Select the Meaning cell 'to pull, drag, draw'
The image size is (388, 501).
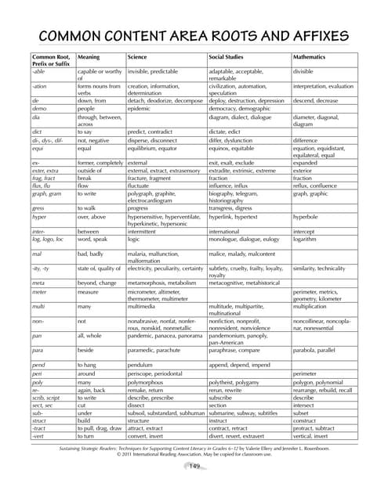pyautogui.click(x=100, y=430)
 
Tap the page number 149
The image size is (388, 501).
pyautogui.click(x=194, y=467)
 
